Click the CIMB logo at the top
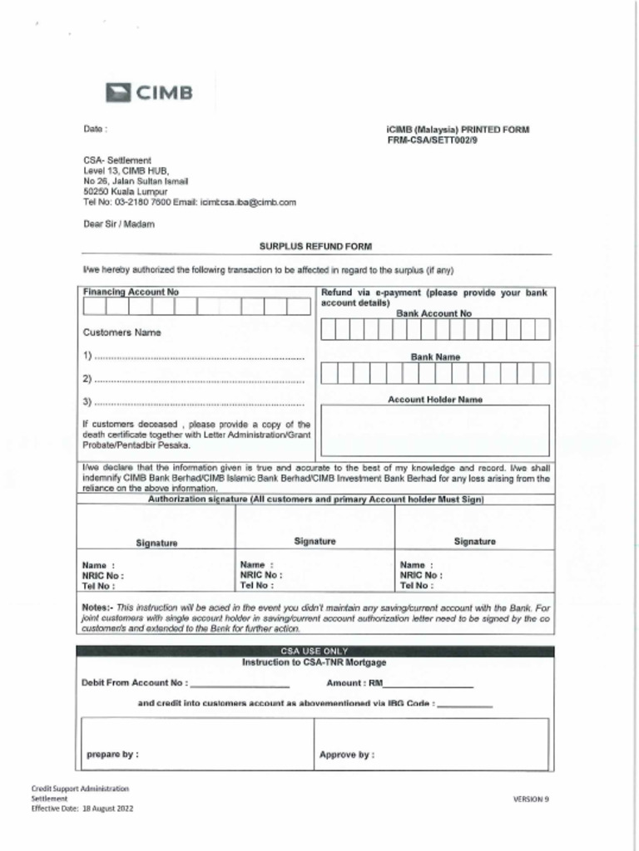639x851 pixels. [150, 92]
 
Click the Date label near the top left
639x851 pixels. [95, 130]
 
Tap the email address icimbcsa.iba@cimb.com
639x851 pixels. [248, 202]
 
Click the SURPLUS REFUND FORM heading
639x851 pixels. [315, 247]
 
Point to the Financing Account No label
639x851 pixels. [131, 293]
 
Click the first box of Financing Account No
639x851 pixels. [94, 307]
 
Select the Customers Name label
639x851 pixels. [121, 332]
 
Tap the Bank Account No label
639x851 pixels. [433, 313]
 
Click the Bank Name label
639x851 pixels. [435, 357]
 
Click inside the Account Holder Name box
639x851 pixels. [435, 430]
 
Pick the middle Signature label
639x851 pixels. [315, 541]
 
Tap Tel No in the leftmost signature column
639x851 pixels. [98, 585]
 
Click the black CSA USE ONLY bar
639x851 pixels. [315, 651]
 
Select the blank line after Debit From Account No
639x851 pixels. [240, 684]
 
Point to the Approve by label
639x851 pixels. [346, 755]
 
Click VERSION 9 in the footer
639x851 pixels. [531, 799]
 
